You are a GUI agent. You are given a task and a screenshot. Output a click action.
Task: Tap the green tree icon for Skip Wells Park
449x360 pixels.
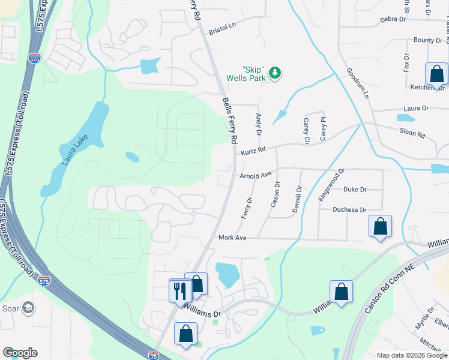coord(275,73)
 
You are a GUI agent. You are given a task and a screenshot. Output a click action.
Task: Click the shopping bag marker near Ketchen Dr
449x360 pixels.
coord(436,74)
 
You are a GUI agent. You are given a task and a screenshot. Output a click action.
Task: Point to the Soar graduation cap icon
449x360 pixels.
coord(27,308)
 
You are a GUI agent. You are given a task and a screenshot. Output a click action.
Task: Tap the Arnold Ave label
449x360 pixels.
coord(256,176)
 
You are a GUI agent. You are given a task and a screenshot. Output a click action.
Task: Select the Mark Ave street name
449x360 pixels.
coord(233,238)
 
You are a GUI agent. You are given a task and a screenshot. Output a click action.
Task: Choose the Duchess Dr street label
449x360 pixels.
coord(350,210)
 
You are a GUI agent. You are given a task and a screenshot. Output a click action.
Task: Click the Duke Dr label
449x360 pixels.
coord(355,190)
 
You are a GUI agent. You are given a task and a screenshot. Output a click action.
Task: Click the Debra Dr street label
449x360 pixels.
coord(393,19)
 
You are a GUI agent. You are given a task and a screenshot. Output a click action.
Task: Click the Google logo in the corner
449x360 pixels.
coord(20,353)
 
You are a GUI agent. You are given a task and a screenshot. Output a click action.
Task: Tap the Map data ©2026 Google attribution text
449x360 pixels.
coord(411,355)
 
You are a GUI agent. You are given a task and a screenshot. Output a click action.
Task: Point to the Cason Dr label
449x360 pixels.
coord(277,193)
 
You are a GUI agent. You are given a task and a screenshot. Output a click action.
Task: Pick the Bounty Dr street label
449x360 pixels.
coord(428,40)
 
